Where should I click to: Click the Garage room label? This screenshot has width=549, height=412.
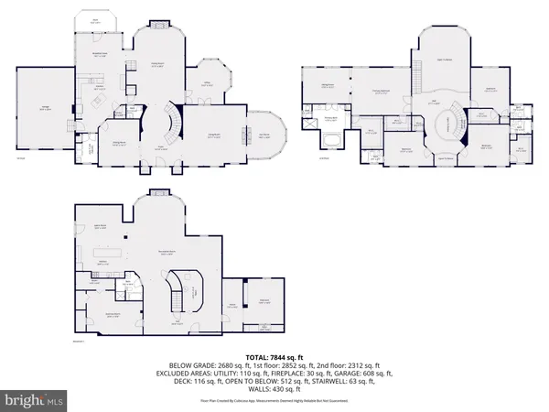pyautogui.click(x=44, y=109)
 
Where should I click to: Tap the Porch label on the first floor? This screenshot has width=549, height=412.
pyautogui.click(x=96, y=19)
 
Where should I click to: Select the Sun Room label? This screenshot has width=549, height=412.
pyautogui.click(x=264, y=136)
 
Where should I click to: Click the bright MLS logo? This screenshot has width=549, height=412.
pyautogui.click(x=34, y=400)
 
